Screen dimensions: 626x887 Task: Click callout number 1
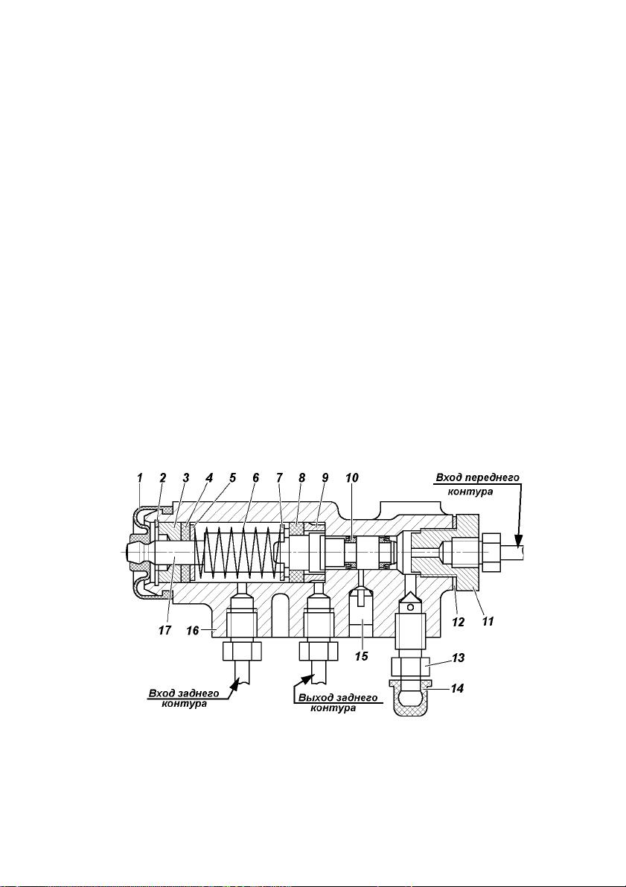tap(140, 478)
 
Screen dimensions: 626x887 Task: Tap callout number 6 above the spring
tap(255, 478)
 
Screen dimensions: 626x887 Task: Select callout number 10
tap(352, 478)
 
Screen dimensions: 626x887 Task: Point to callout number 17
tap(165, 630)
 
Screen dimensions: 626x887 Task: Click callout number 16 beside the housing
tap(193, 630)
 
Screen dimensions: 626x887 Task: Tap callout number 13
tap(458, 658)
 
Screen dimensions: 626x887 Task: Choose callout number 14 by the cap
tap(458, 688)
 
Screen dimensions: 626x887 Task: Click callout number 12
tap(458, 623)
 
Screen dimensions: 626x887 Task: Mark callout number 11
tap(488, 621)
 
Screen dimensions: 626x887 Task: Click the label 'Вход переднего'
tap(477, 478)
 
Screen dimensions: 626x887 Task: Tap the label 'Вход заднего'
tap(184, 693)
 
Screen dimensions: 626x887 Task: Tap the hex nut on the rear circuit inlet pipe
tap(242, 652)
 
